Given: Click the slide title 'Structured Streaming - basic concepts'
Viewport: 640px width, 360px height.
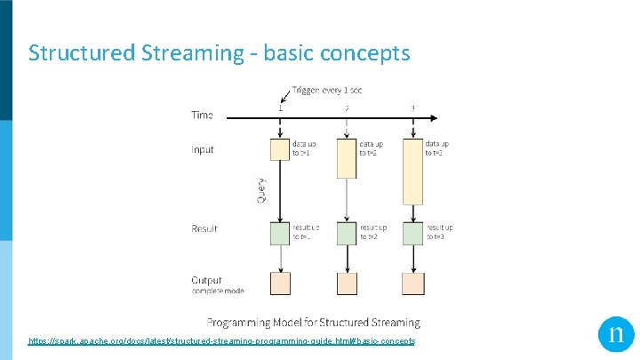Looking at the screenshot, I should [x=219, y=53].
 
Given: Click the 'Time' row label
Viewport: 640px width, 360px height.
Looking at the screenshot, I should [x=202, y=115].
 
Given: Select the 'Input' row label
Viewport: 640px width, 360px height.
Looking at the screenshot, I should [x=203, y=149].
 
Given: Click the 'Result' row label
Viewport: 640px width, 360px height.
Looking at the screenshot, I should [x=204, y=228].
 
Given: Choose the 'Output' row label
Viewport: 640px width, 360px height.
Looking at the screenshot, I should [x=206, y=280].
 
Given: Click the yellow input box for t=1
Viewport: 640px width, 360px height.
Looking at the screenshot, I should [x=280, y=149].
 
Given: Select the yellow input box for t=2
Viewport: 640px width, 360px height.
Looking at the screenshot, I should [x=347, y=157].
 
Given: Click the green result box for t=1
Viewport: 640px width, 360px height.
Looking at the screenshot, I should [x=280, y=233].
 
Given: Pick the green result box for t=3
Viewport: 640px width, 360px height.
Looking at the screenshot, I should [x=412, y=233].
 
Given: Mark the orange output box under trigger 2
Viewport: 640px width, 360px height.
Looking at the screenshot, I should [x=347, y=283].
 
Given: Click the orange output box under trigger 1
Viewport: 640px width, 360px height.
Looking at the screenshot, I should [x=280, y=283].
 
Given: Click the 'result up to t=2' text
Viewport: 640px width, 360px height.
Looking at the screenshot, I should [x=373, y=233].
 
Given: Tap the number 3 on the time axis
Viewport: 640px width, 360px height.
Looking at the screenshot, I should [x=412, y=108].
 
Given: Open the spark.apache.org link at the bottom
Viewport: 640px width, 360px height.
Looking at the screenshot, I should [x=221, y=341].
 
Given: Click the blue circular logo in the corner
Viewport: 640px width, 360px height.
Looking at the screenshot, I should [x=615, y=334].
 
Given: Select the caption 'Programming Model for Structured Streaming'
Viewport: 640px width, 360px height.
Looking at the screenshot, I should [x=313, y=323].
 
